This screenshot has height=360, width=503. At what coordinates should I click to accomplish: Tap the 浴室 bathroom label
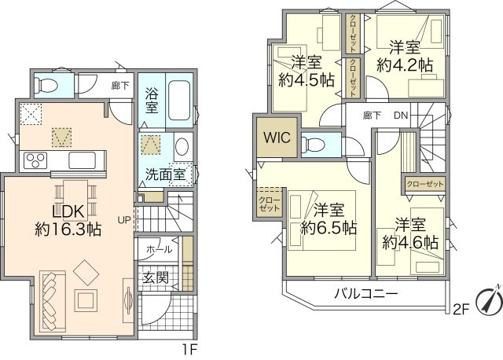click(x=152, y=101)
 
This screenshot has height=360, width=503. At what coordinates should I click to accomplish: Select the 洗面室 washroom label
click(x=165, y=174)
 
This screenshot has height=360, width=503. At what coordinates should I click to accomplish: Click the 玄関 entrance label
click(x=155, y=277)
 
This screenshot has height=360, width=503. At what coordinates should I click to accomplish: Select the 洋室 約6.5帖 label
click(x=329, y=219)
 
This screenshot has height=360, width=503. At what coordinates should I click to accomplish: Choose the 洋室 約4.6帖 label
click(x=411, y=233)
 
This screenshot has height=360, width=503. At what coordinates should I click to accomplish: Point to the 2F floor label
click(x=460, y=309)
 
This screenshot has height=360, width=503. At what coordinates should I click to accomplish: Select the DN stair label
click(x=401, y=116)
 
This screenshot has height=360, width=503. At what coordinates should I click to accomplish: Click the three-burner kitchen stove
click(x=35, y=160)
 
